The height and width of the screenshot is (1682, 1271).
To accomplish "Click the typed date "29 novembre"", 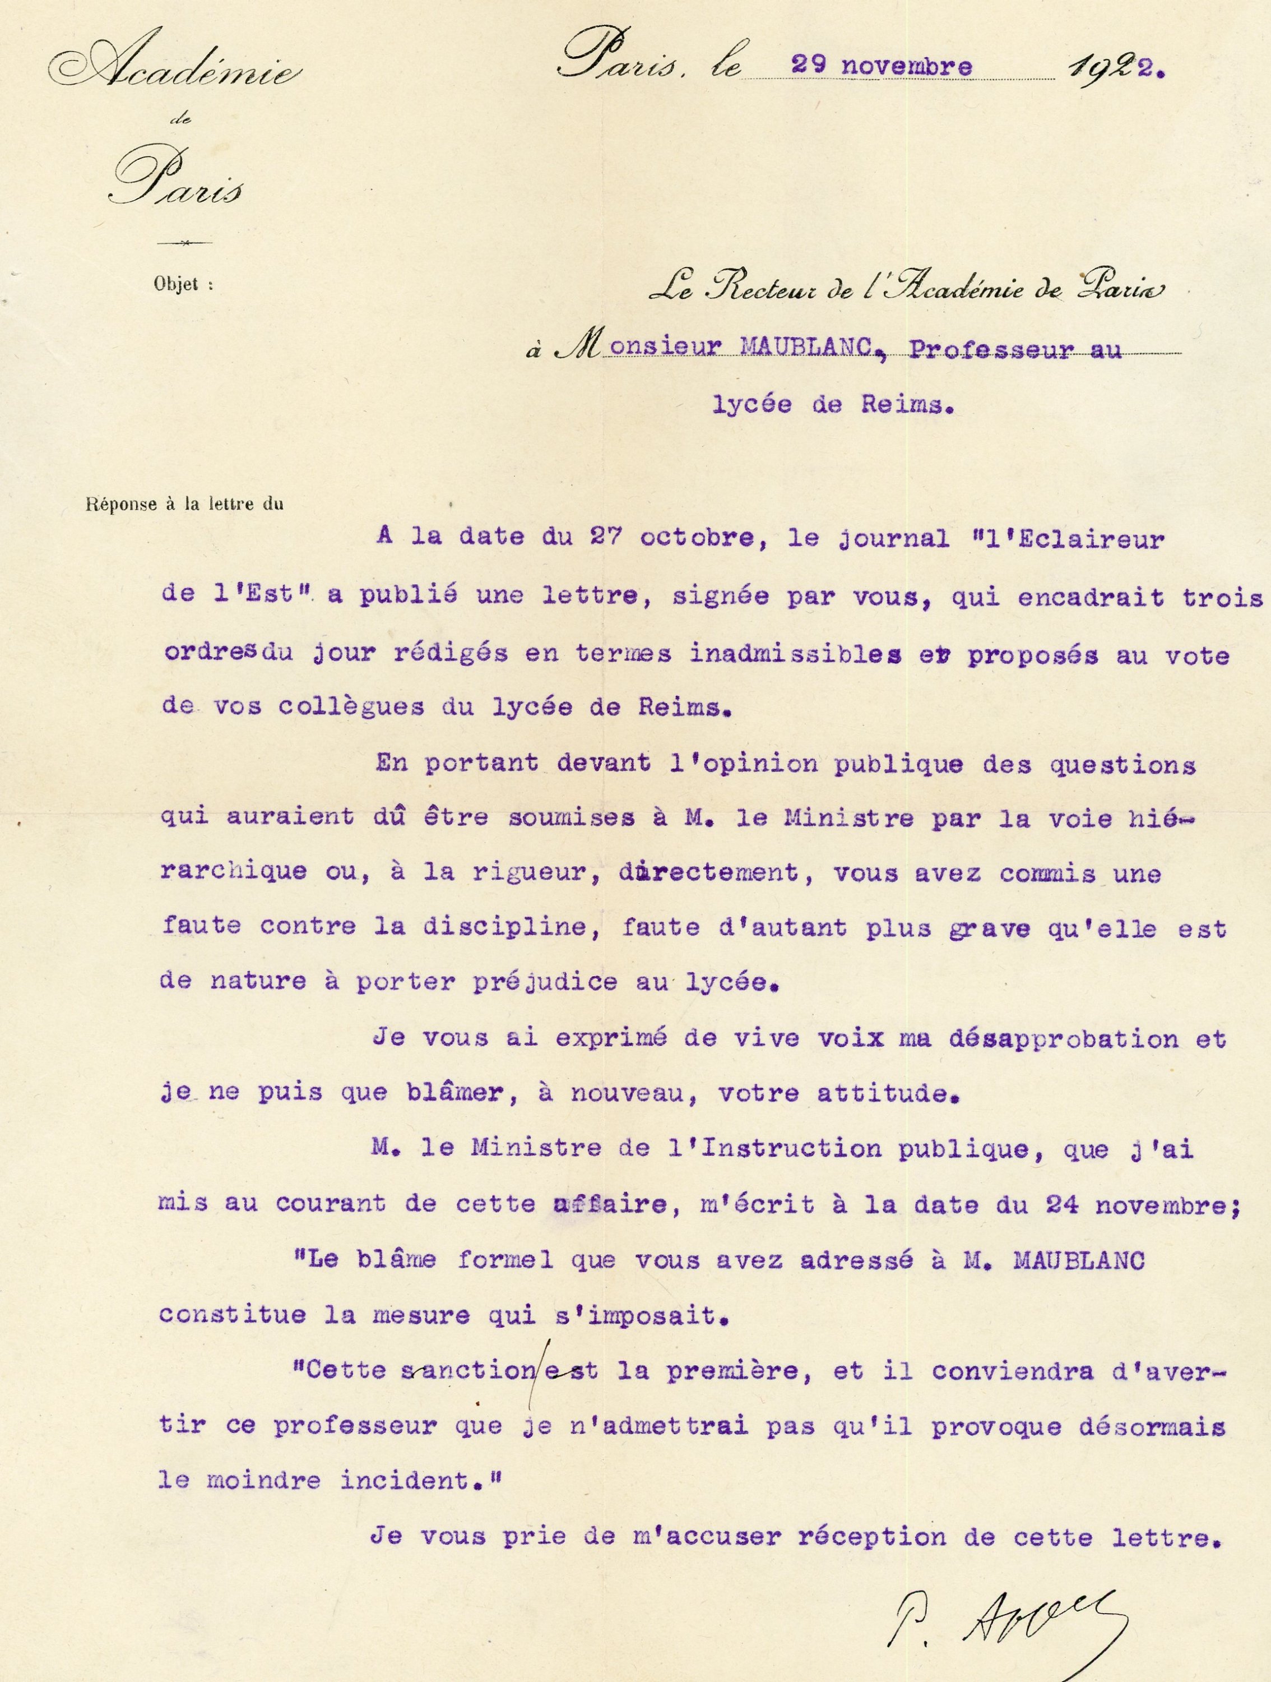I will pyautogui.click(x=881, y=67).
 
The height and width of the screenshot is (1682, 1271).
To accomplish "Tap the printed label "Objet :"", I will pyautogui.click(x=183, y=284).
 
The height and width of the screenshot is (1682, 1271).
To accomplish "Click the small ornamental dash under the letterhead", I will pyautogui.click(x=183, y=243).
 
